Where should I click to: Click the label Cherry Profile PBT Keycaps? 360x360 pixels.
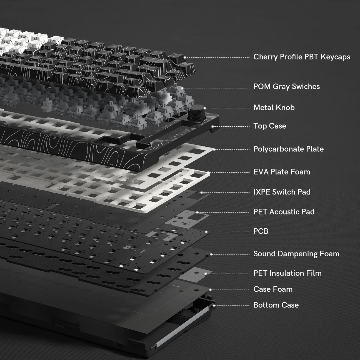302,57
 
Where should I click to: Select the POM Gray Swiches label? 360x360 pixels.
287,86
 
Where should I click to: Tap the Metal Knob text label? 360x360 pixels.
274,107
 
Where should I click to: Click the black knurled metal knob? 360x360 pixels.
196,113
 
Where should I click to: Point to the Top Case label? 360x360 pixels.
270,126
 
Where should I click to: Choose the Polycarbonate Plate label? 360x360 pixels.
289,149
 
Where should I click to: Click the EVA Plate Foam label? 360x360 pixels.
282,172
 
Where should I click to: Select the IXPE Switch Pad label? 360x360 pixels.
282,192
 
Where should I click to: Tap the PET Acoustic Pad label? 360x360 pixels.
284,212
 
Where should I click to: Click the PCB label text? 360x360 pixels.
261,231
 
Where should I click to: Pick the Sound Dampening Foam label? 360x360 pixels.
296,254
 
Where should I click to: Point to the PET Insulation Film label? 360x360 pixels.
287,273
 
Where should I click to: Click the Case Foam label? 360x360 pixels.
273,289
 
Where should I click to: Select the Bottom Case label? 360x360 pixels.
276,305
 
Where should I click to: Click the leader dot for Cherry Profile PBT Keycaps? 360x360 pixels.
184,57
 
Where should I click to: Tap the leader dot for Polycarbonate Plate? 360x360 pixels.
214,149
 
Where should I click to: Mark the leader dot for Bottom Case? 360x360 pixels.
214,306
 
